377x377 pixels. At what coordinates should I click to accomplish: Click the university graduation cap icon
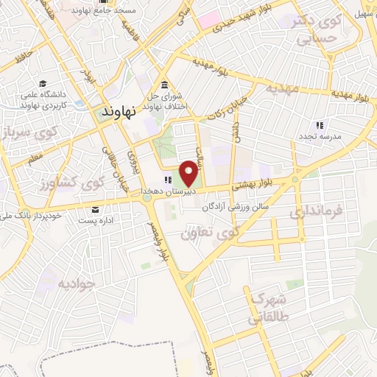pos(43,85)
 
